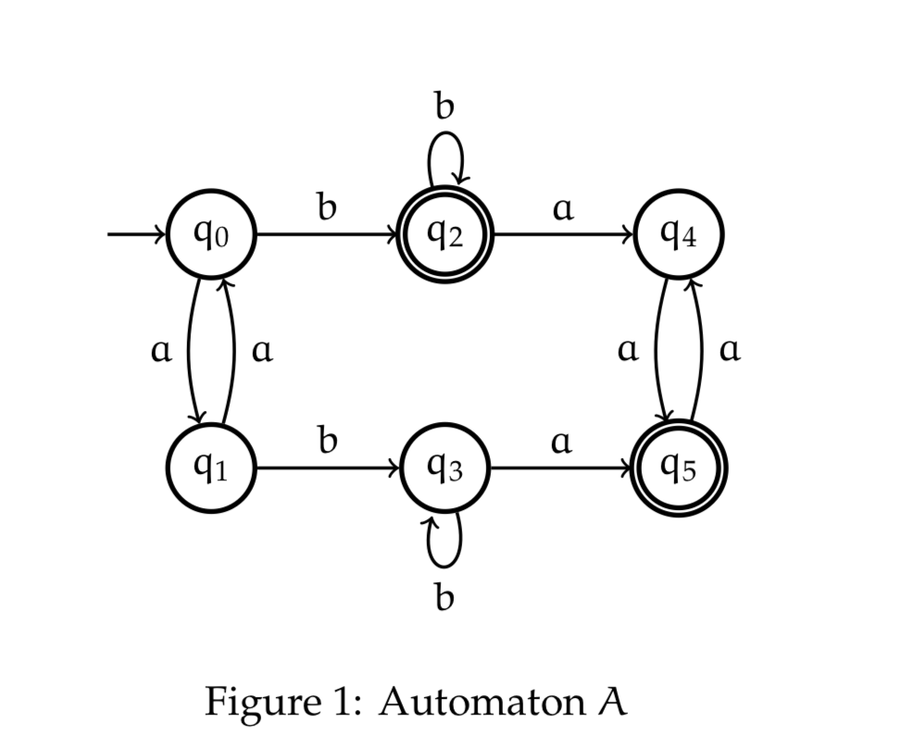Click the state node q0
(x=211, y=234)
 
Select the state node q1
(x=211, y=467)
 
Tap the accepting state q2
(x=445, y=234)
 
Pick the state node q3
(x=445, y=467)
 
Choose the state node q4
(x=679, y=234)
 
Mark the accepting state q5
(x=679, y=467)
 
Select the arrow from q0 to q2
(x=328, y=234)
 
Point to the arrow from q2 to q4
(x=562, y=234)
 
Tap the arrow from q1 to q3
(x=328, y=467)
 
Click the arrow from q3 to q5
(x=562, y=467)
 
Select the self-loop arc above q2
(x=445, y=156)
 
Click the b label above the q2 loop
(x=445, y=107)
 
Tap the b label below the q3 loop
(x=445, y=597)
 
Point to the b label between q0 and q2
(x=327, y=207)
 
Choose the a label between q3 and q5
(x=561, y=443)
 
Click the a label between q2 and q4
(x=562, y=209)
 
